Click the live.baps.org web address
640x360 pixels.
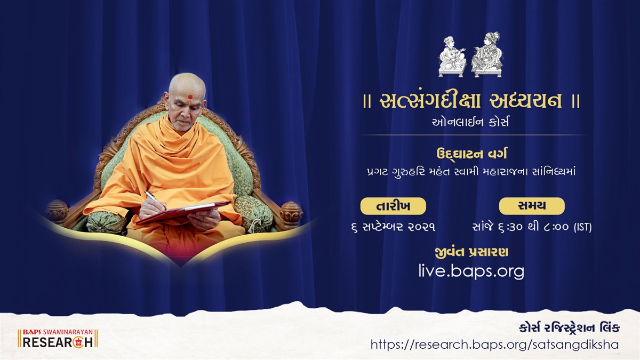(471, 271)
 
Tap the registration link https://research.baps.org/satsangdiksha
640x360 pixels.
(494, 345)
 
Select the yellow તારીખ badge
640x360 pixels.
(393, 206)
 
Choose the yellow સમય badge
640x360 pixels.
(531, 206)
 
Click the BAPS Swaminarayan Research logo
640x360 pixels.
(58, 339)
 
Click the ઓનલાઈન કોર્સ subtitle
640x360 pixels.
(471, 122)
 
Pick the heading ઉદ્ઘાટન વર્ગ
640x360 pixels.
(471, 154)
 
